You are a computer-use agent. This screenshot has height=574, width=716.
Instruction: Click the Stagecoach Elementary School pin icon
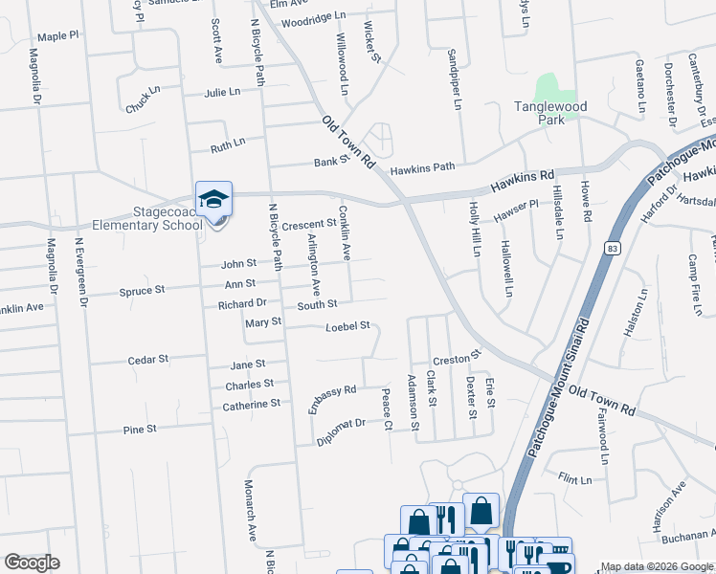(x=213, y=201)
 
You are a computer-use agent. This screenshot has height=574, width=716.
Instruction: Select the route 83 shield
(x=610, y=247)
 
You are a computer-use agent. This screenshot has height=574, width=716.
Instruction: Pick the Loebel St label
(x=347, y=326)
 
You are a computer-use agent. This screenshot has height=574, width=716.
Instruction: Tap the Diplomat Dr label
(x=341, y=430)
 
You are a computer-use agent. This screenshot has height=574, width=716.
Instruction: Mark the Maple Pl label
(x=58, y=36)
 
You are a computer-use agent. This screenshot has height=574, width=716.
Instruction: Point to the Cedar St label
(x=148, y=360)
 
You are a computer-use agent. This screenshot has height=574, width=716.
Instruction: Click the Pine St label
(x=140, y=430)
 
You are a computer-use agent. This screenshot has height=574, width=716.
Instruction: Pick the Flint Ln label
(x=576, y=477)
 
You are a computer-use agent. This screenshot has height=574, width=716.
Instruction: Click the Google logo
(x=32, y=563)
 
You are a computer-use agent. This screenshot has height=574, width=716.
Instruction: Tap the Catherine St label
(x=251, y=404)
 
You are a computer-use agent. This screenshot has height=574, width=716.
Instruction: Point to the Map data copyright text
(x=658, y=566)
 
